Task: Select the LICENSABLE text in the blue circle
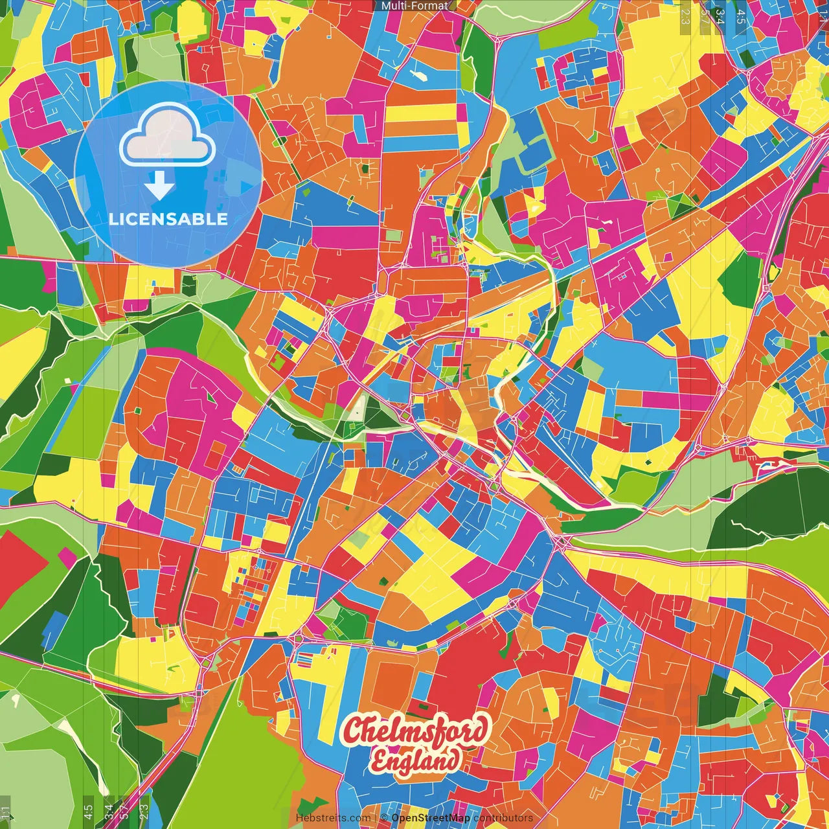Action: (x=168, y=219)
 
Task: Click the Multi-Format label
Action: (x=414, y=6)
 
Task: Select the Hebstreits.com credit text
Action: (x=333, y=818)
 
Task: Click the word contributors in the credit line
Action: (x=503, y=818)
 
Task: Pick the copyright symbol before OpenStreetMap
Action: (x=384, y=818)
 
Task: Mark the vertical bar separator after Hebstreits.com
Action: (x=376, y=818)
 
